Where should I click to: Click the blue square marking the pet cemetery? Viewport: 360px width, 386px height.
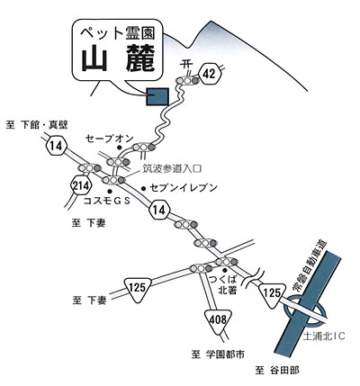point(157,96)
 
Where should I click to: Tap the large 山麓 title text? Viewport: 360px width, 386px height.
point(118,58)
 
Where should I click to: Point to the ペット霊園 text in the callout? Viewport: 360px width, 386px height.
point(118,32)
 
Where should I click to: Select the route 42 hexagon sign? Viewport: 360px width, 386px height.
point(210,73)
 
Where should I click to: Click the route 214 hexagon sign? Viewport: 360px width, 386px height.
point(81,186)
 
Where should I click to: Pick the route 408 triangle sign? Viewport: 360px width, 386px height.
point(219,321)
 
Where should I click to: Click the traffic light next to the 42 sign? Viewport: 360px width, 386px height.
point(188,80)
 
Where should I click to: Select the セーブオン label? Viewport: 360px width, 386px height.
point(109,139)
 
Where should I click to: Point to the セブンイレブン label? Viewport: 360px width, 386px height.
point(184,188)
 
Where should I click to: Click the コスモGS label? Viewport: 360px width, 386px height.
point(107,201)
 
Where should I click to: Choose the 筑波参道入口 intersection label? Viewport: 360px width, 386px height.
point(172,169)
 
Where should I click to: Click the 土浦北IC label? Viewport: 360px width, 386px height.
point(324,337)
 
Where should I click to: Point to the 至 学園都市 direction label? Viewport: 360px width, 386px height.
point(218,355)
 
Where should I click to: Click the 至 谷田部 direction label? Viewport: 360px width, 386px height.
point(277,371)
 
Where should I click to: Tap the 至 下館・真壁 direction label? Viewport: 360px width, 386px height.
point(37,125)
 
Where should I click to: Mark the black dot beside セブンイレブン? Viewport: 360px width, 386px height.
point(143,188)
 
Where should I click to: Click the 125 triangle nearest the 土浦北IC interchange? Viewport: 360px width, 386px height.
point(273,294)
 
